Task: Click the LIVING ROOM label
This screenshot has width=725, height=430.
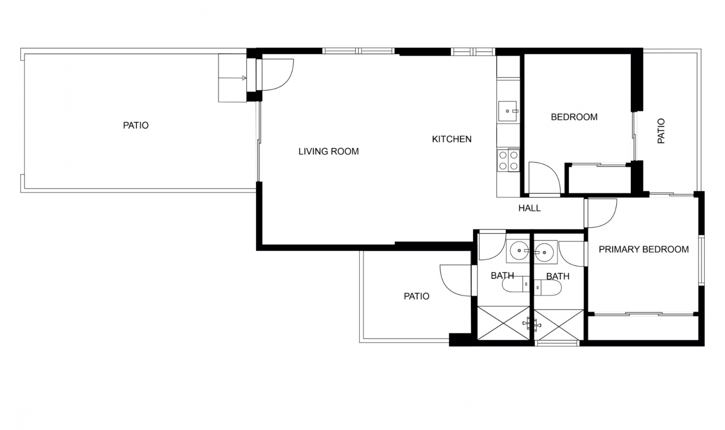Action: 329,152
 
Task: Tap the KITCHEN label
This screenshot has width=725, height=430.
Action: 452,139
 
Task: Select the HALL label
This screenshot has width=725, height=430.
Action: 529,208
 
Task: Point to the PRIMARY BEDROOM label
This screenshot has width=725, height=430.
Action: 643,249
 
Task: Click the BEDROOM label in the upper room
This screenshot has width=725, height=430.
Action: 574,117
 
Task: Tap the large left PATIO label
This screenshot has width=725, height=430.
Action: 136,125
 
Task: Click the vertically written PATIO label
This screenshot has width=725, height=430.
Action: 661,131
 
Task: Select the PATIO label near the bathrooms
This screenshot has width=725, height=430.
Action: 416,296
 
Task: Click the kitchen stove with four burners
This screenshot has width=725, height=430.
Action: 508,160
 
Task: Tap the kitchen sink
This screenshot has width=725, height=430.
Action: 508,111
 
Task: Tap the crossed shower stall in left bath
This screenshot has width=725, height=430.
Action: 503,322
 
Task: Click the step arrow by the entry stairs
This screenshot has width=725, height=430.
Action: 244,78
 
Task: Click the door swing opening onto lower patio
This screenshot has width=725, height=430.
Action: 455,281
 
